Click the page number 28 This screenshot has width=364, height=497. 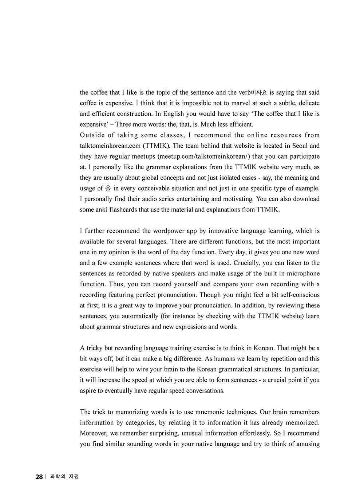click(x=39, y=477)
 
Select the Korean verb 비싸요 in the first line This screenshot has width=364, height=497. click(x=259, y=92)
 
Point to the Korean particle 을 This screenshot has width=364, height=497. click(x=109, y=188)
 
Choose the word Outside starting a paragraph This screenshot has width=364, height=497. click(x=91, y=135)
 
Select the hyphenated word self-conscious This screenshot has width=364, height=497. click(x=295, y=295)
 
